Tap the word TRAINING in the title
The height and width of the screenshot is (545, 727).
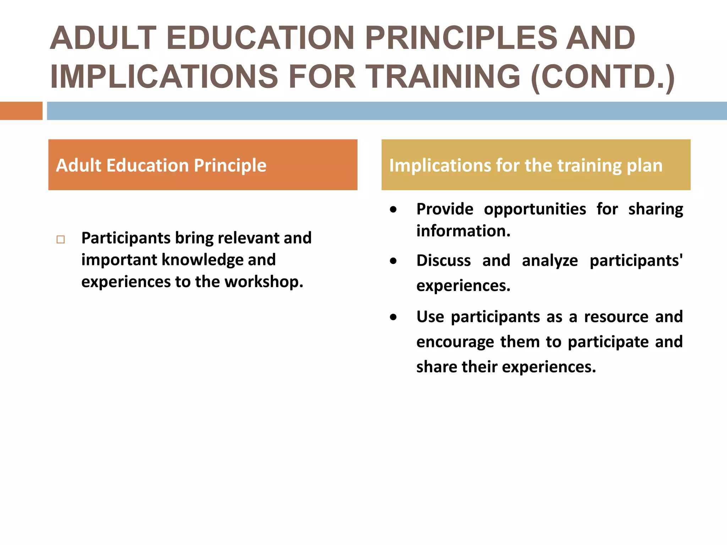point(443,77)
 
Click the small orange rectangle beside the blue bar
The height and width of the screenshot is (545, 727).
point(21,111)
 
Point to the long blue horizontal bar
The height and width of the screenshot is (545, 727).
point(386,111)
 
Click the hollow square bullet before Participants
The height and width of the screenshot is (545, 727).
point(61,240)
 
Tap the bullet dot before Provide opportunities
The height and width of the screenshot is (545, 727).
point(393,210)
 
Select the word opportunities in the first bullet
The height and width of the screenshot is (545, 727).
point(535,209)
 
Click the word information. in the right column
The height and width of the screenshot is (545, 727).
point(463,231)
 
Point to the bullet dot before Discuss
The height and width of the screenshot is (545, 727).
point(393,261)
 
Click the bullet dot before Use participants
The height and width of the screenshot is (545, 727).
point(393,317)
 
